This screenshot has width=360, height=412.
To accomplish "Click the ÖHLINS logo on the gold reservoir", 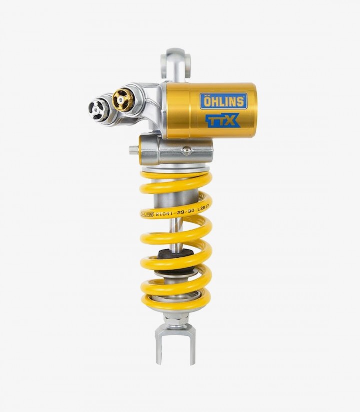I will pyautogui.click(x=223, y=101).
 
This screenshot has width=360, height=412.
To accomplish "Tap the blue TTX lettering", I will pyautogui.click(x=223, y=121).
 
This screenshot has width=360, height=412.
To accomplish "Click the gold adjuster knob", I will pyautogui.click(x=122, y=100).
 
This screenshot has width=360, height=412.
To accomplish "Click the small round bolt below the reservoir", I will pyautogui.click(x=186, y=150).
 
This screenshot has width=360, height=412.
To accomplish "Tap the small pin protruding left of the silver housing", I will pyautogui.click(x=133, y=149).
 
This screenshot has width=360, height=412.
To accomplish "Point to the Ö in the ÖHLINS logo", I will pyautogui.click(x=207, y=101).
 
